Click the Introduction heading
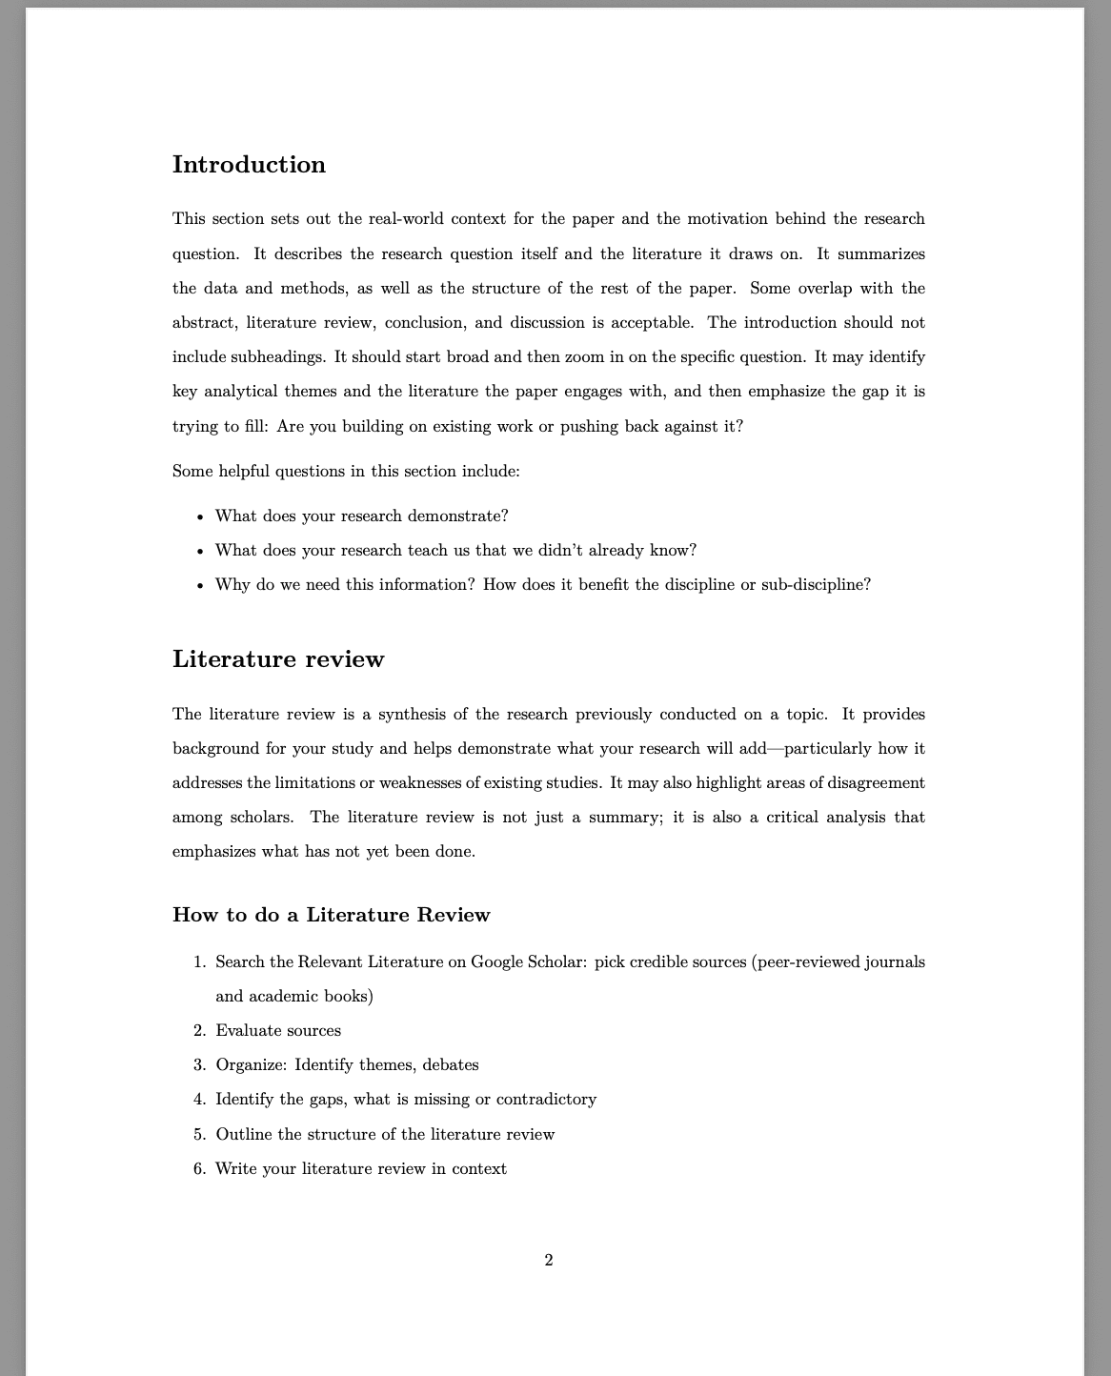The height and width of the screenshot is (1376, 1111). pos(249,165)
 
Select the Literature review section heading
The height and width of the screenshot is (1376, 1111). pos(278,659)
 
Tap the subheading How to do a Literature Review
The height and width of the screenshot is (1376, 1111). pos(331,915)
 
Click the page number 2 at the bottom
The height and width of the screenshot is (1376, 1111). pos(549,1261)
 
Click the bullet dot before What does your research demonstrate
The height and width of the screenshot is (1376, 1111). pos(200,517)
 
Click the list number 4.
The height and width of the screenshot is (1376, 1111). pos(199,1100)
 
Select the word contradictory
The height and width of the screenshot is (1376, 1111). pos(546,1100)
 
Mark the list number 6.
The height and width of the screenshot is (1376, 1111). pos(199,1169)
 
